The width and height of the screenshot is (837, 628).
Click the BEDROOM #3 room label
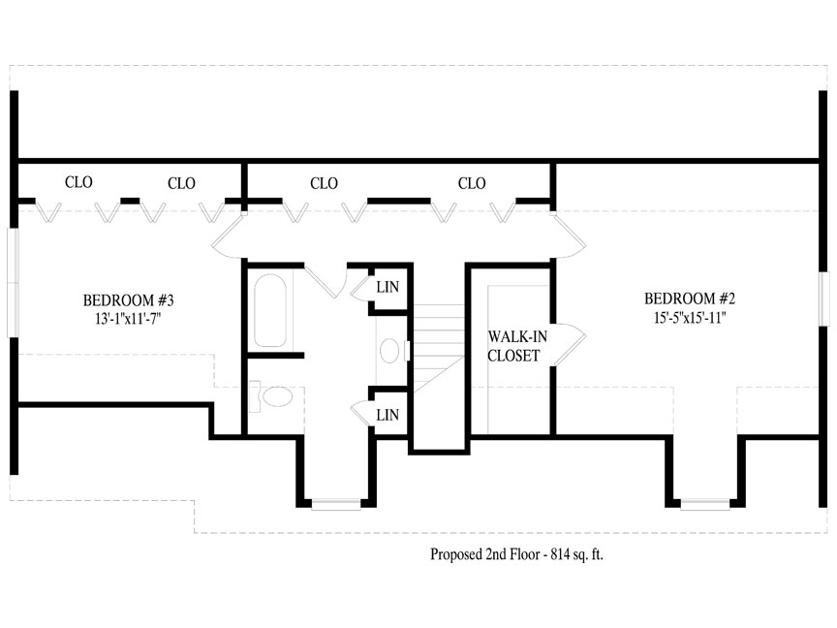pos(129,300)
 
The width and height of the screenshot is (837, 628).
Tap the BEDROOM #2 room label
pos(690,298)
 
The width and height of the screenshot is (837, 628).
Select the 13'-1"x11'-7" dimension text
pos(128,319)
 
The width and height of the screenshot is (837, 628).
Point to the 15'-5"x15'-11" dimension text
pos(690,317)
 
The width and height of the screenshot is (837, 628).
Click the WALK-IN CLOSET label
pos(516,346)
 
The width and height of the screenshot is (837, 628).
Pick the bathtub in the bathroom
pos(270,310)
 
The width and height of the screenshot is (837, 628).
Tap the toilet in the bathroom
pos(271,396)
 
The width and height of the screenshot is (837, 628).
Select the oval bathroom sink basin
pos(389,351)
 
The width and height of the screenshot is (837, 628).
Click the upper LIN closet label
pos(387,287)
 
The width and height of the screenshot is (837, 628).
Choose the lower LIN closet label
pos(387,415)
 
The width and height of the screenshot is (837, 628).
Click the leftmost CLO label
pos(78,182)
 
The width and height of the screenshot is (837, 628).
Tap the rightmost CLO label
pos(472,184)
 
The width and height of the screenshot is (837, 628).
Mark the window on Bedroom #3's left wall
pos(13,283)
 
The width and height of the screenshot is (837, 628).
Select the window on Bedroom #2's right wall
pos(824,298)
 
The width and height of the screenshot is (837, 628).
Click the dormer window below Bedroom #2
pos(705,504)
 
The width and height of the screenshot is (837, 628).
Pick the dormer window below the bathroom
pos(336,504)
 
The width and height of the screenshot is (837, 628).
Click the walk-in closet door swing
pos(570,344)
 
